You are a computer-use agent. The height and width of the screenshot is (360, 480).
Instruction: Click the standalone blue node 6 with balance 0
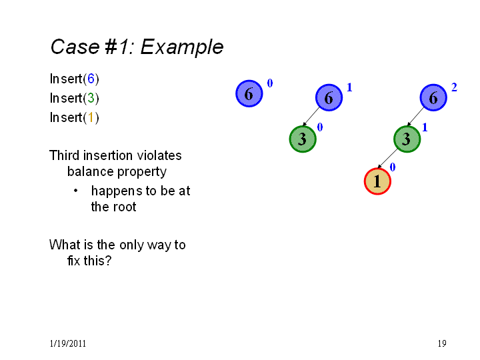click(249, 93)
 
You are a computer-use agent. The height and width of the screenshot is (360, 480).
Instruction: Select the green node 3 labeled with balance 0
click(303, 139)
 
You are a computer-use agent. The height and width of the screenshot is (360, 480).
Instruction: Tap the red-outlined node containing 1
click(377, 181)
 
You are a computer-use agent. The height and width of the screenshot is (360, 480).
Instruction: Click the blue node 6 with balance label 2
click(433, 97)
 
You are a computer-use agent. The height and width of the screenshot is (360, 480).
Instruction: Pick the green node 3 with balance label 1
click(407, 139)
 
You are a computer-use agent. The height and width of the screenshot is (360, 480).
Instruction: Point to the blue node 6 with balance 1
click(329, 97)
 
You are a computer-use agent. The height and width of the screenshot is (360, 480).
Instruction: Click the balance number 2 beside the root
click(454, 87)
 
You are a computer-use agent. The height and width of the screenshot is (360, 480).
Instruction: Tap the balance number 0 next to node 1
click(393, 167)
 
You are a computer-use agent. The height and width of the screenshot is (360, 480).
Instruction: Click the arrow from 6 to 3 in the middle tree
click(311, 116)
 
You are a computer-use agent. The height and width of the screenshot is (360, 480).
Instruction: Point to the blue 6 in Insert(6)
click(91, 79)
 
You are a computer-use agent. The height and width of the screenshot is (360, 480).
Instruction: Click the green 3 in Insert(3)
click(91, 98)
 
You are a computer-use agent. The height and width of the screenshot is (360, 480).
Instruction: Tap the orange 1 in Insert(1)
click(91, 117)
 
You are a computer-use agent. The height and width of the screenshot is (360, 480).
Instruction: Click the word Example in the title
click(182, 47)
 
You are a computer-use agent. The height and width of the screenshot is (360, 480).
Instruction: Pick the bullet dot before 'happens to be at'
click(75, 191)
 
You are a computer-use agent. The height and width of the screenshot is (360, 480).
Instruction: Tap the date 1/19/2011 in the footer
click(67, 343)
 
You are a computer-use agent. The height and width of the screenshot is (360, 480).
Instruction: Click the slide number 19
click(442, 343)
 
